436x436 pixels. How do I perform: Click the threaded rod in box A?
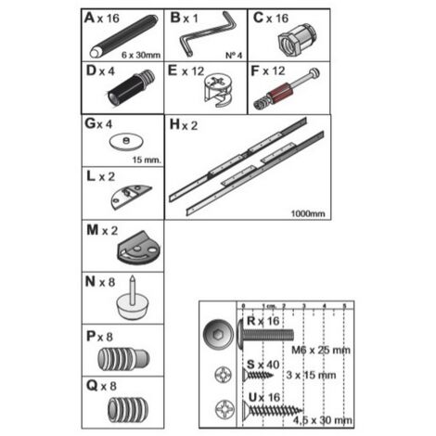(123, 36)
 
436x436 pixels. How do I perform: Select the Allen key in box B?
(207, 33)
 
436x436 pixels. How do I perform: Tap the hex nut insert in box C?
(297, 40)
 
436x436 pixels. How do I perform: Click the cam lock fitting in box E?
(219, 90)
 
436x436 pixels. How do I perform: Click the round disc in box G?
(126, 142)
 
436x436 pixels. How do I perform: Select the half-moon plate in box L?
(131, 197)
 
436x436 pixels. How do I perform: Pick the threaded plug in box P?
(123, 359)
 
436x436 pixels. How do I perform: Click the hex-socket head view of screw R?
(219, 335)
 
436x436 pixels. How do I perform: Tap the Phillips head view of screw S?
(223, 375)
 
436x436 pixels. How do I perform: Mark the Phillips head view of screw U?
(224, 409)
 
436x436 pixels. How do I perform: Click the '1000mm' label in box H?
(308, 213)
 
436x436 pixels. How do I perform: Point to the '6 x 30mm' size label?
(141, 55)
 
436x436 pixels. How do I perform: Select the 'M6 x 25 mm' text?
(321, 350)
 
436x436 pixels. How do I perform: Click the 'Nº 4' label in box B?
(234, 56)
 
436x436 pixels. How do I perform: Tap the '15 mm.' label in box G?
(147, 160)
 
